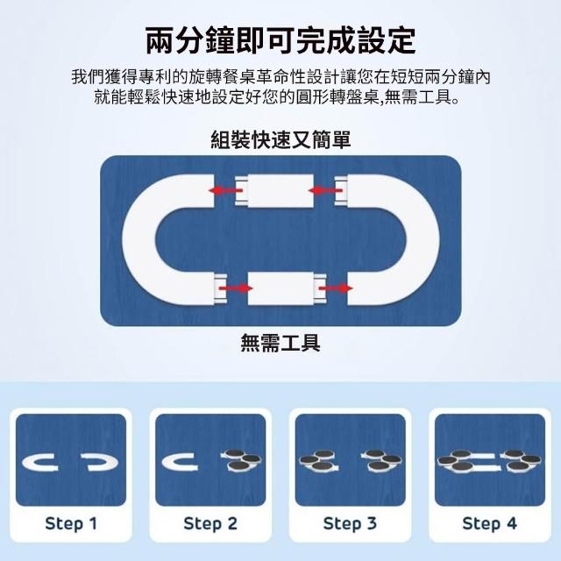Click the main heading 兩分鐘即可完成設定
click(x=280, y=40)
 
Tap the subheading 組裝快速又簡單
click(x=280, y=139)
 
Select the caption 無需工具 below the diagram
click(x=280, y=343)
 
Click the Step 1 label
click(x=71, y=524)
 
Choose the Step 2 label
click(x=210, y=524)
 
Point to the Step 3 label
click(x=350, y=524)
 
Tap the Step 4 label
click(x=490, y=524)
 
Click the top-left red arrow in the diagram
click(x=226, y=190)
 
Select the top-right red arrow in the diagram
click(x=325, y=190)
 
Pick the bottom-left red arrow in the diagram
click(x=236, y=288)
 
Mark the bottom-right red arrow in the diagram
click(x=335, y=288)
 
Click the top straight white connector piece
click(x=274, y=191)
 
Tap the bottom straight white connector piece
click(x=287, y=288)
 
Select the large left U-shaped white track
click(x=139, y=239)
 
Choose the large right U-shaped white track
click(x=423, y=239)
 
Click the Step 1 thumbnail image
click(x=71, y=460)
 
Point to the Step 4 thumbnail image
click(x=490, y=460)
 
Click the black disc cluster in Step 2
click(x=242, y=459)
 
